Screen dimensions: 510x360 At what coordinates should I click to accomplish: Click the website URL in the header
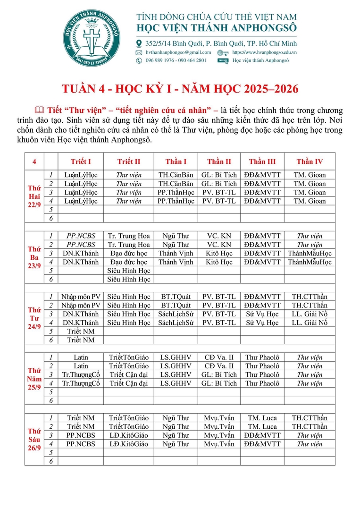[x=264, y=52]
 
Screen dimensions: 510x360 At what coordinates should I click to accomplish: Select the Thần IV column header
[x=310, y=161]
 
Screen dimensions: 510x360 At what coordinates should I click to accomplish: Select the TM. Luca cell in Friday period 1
[x=262, y=418]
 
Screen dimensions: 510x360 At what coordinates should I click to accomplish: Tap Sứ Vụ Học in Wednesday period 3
[x=262, y=314]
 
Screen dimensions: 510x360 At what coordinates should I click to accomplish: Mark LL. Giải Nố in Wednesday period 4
[x=310, y=323]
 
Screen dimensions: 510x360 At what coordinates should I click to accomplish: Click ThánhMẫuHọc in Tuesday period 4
[x=310, y=262]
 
